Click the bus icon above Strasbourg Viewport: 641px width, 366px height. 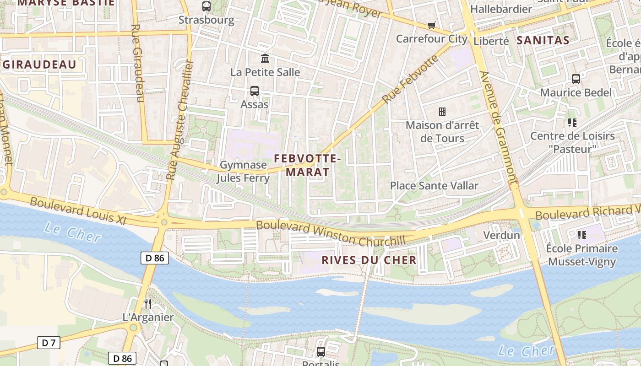click(206, 6)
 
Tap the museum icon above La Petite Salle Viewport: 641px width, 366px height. click(265, 59)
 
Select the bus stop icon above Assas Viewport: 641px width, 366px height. click(255, 91)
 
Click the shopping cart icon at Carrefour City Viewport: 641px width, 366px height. click(431, 25)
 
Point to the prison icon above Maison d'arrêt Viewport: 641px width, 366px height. click(442, 111)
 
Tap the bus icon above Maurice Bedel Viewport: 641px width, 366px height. click(576, 79)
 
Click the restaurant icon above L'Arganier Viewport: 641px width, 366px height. click(148, 303)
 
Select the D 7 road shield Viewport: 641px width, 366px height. click(49, 343)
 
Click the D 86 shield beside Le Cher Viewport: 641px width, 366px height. click(155, 258)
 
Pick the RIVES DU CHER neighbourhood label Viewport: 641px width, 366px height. click(369, 260)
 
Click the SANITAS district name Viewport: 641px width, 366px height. click(543, 40)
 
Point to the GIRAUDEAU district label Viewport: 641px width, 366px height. click(39, 65)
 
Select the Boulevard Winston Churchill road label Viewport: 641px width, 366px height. click(331, 233)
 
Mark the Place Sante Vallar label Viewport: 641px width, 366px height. click(434, 186)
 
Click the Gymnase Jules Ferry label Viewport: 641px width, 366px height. click(243, 171)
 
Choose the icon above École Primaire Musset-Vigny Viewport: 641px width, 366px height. click(582, 235)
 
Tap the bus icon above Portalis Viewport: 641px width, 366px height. click(321, 351)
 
